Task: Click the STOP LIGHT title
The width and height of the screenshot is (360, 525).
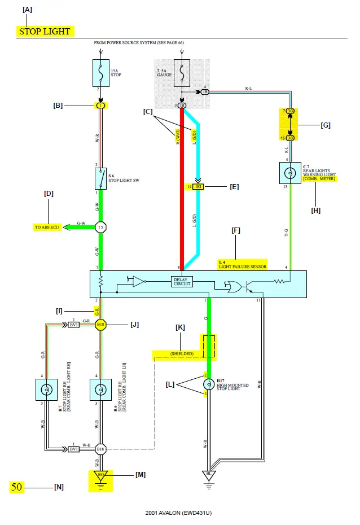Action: pyautogui.click(x=45, y=32)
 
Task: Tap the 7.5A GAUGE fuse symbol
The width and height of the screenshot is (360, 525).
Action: pyautogui.click(x=182, y=73)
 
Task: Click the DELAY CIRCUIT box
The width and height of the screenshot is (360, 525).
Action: pyautogui.click(x=182, y=281)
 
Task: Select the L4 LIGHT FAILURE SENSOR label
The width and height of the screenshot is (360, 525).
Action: pyautogui.click(x=242, y=264)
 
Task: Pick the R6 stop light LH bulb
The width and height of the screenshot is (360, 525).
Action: pyautogui.click(x=100, y=388)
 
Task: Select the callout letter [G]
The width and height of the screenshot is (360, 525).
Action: pyautogui.click(x=325, y=125)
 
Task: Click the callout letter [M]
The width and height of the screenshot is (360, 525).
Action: pyautogui.click(x=140, y=475)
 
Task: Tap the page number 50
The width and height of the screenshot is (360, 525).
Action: pyautogui.click(x=17, y=487)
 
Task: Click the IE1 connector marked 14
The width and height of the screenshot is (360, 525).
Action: pyautogui.click(x=199, y=186)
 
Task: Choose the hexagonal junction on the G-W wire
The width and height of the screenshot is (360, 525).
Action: pyautogui.click(x=100, y=227)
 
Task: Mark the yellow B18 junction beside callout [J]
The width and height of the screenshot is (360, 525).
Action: pyautogui.click(x=100, y=325)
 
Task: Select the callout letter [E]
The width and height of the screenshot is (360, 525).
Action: pyautogui.click(x=233, y=187)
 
